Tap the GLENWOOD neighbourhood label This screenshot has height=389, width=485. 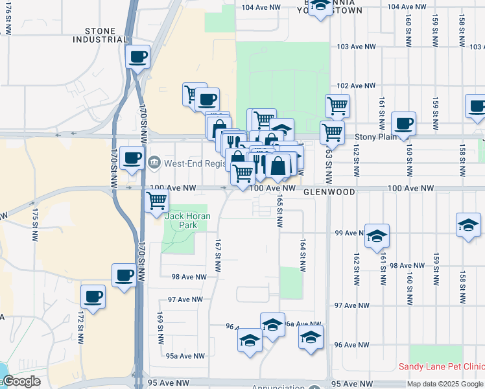[x=329, y=193]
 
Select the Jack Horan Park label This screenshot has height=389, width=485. [x=181, y=220]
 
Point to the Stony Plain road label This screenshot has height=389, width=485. [x=377, y=137]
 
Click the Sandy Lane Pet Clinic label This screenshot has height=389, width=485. [x=441, y=366]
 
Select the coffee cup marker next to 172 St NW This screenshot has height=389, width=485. [x=93, y=297]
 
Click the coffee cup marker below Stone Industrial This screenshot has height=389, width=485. [x=137, y=57]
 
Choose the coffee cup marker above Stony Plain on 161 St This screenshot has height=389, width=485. [x=403, y=123]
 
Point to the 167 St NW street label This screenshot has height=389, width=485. [x=218, y=253]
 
